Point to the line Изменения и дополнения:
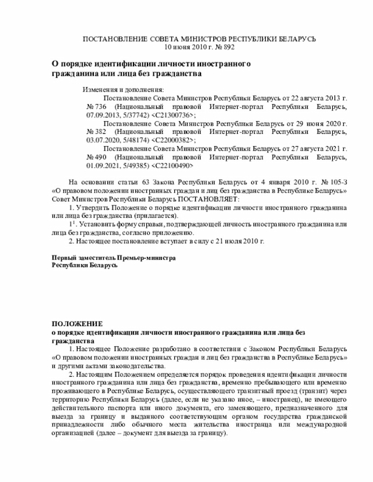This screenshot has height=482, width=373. [x=123, y=90]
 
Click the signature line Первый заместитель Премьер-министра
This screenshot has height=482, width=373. [x=114, y=257]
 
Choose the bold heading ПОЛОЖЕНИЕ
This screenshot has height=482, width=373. [x=77, y=323]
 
